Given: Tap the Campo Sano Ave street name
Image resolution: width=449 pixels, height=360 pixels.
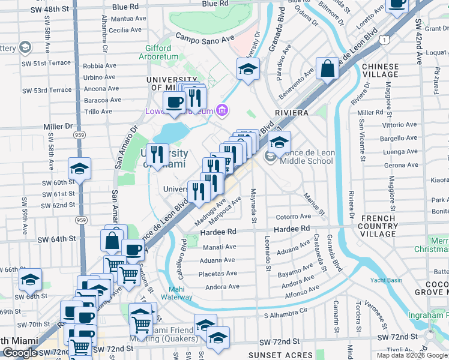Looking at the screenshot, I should coord(205,37).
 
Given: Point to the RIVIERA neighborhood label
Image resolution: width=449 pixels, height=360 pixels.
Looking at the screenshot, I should coord(292,112).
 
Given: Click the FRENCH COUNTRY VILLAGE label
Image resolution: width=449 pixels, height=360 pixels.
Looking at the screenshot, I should coord(379,226).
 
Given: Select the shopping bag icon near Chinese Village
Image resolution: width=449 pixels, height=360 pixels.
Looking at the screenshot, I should coord(328,69).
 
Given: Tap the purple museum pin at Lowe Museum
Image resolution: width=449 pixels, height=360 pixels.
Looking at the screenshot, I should coord(222,110).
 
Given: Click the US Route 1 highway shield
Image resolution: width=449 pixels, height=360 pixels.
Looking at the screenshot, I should coord(385,38).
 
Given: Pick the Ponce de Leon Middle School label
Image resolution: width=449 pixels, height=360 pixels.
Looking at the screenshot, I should coord(303,157).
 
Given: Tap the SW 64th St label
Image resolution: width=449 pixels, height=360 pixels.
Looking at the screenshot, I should coord(58,239).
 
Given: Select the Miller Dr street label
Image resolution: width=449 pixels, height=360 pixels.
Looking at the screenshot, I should coord(58,127).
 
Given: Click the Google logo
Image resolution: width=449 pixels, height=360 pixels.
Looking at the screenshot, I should coord(20,353).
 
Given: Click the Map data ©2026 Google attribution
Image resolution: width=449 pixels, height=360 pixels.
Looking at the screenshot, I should coord(412,355).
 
